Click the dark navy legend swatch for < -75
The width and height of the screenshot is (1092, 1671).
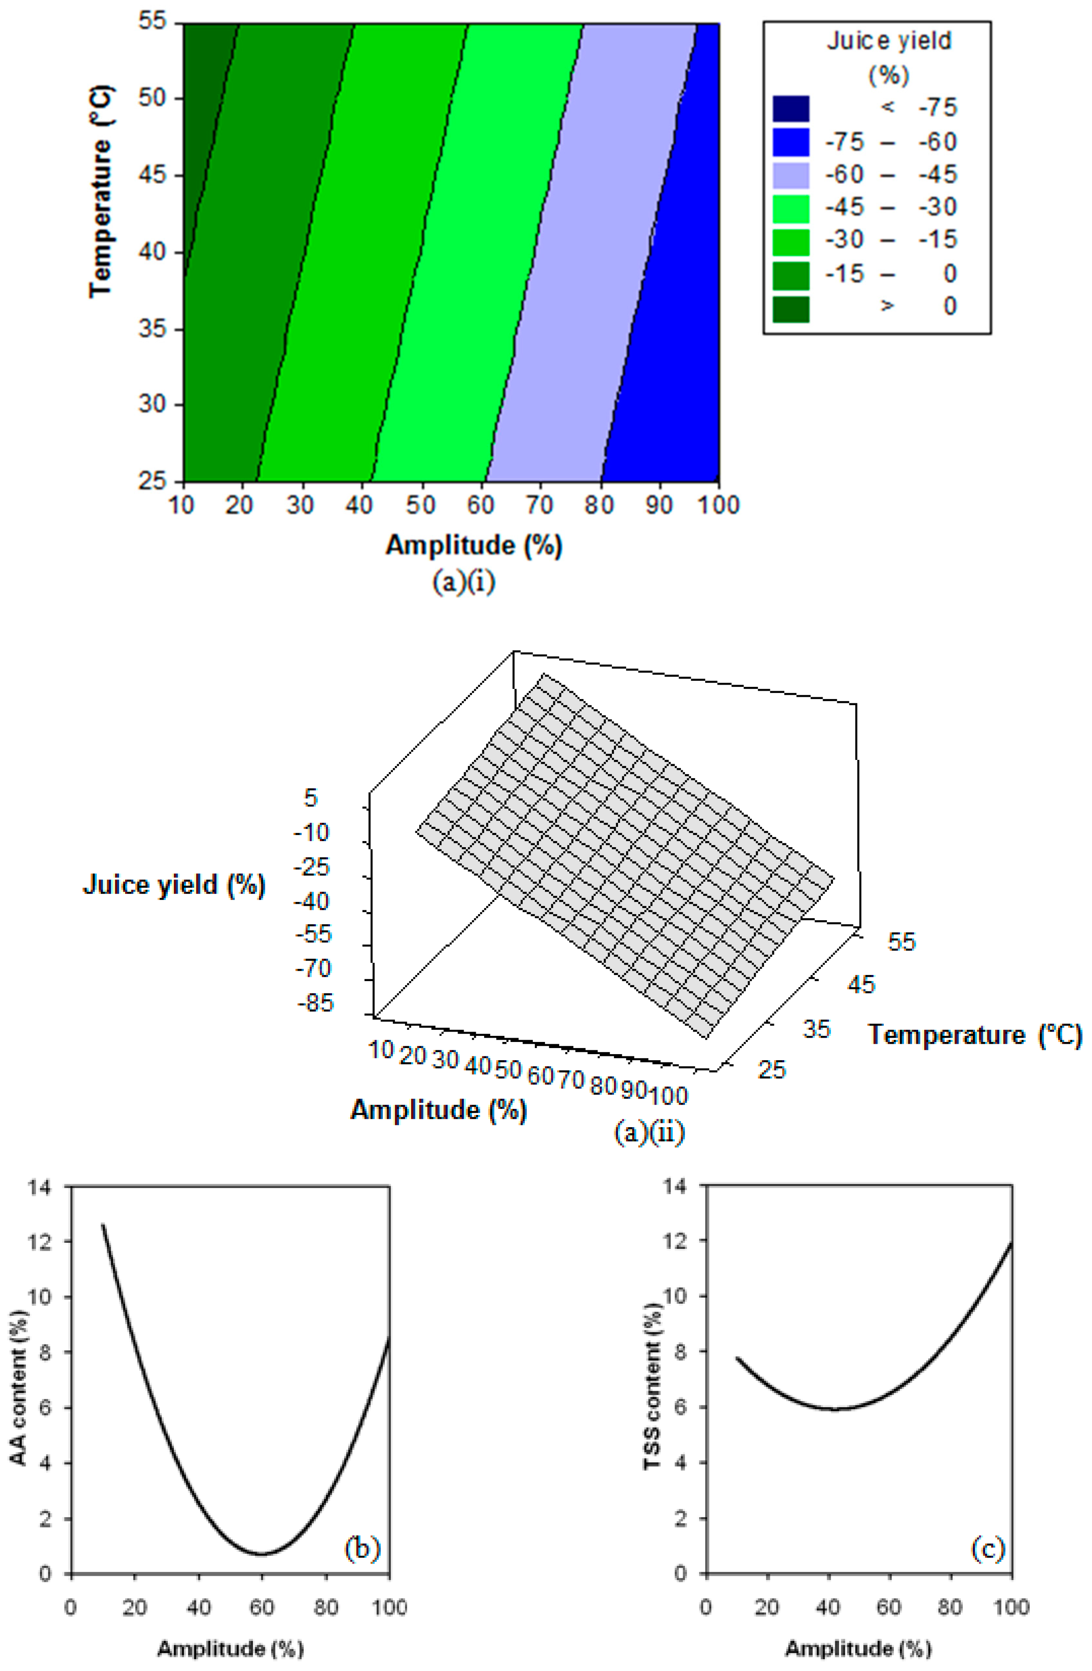tap(790, 109)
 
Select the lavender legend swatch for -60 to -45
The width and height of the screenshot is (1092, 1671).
tap(790, 175)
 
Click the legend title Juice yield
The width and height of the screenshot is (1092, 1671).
tap(889, 41)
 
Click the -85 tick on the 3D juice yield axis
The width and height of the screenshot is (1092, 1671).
tap(316, 1002)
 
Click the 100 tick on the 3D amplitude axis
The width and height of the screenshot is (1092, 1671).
tap(669, 1095)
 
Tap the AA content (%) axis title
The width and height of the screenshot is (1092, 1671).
tap(20, 1387)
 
